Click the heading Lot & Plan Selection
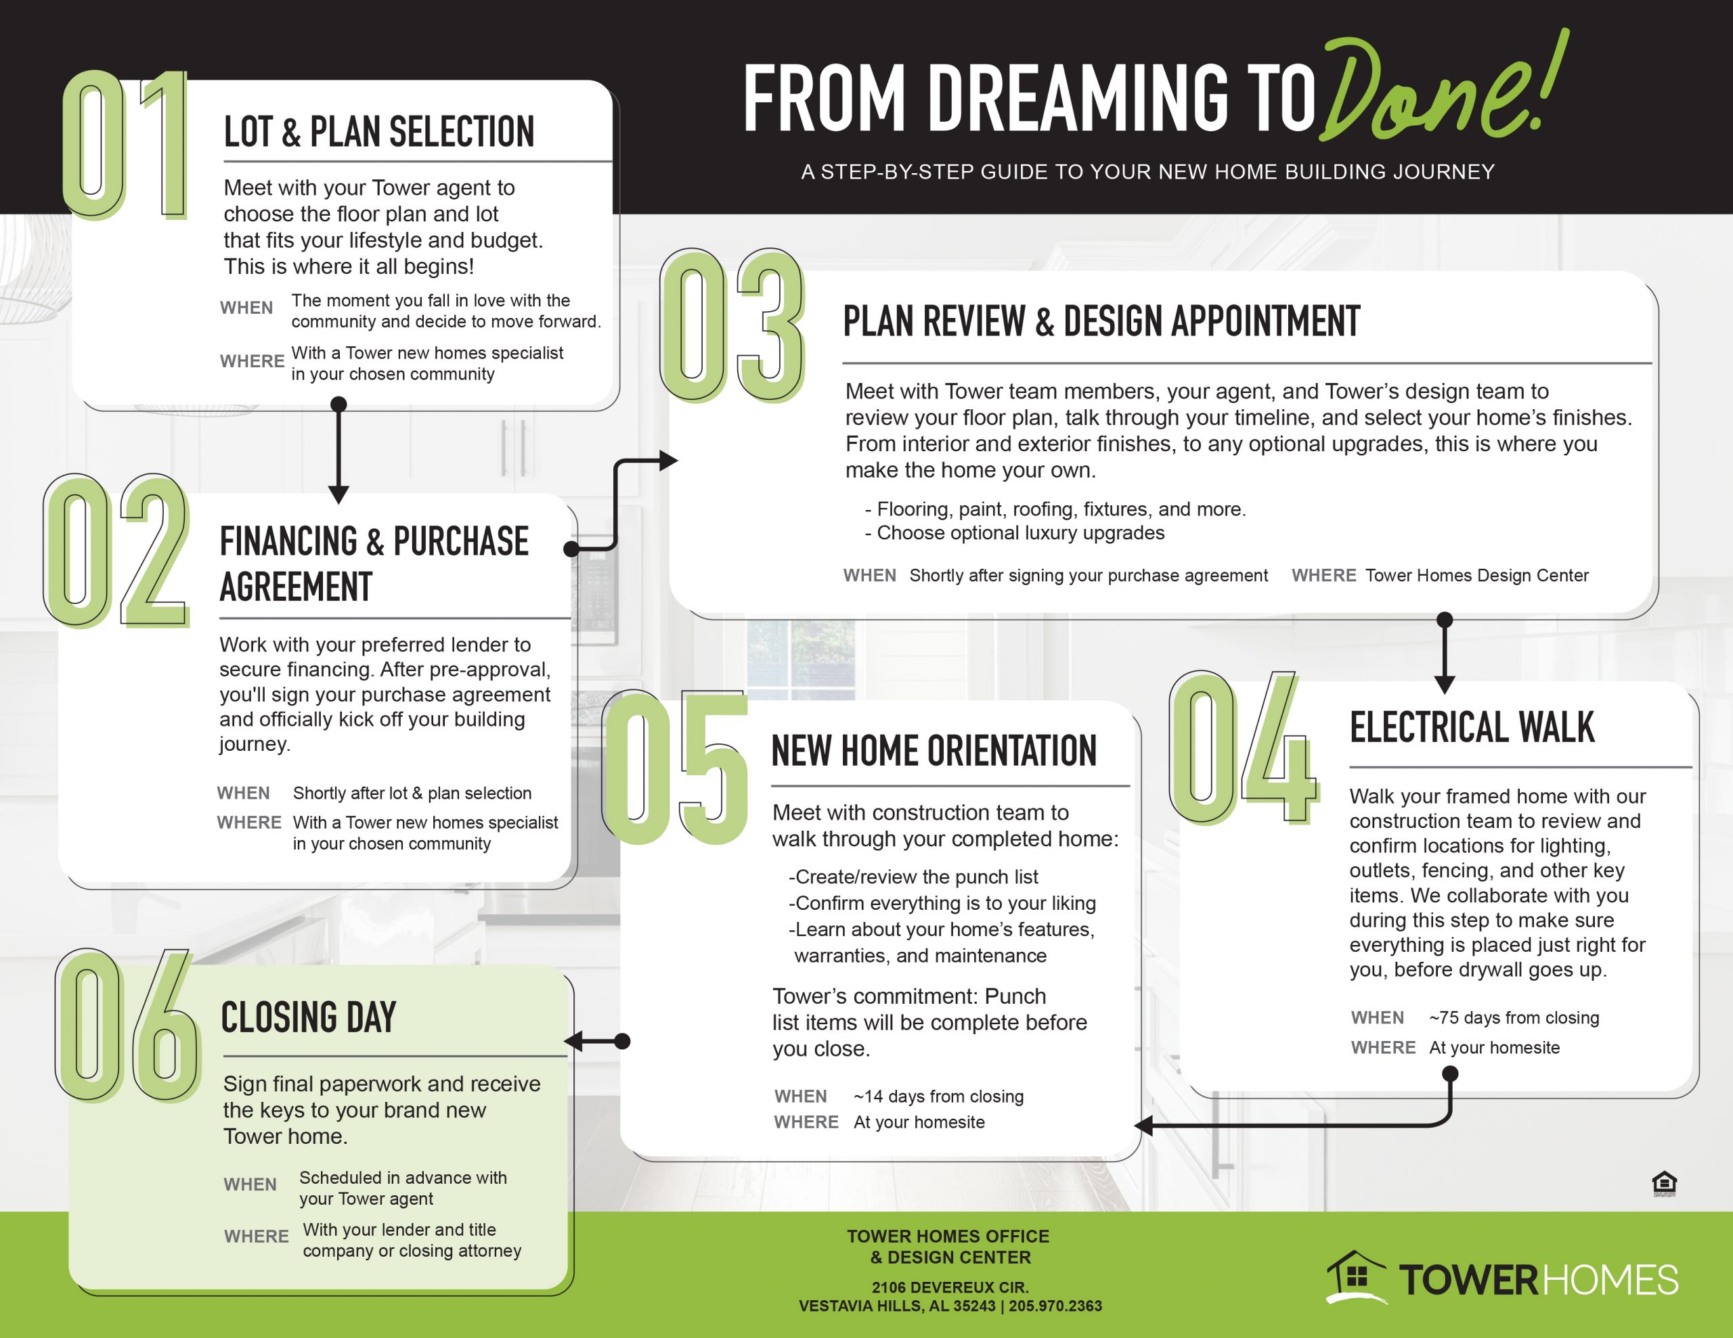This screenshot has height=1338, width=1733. [379, 132]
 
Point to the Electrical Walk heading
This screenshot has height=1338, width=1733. [1472, 727]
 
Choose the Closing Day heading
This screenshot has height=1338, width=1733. [308, 1017]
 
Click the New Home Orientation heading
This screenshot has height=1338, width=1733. [934, 751]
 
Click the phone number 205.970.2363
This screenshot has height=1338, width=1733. [1055, 1306]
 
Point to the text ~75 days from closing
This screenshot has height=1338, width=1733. [1514, 1017]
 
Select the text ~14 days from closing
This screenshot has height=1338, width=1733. [939, 1096]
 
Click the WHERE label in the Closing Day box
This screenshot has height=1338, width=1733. [257, 1237]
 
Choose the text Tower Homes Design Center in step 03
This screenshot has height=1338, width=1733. [1476, 575]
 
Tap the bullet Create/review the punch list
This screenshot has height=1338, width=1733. [913, 877]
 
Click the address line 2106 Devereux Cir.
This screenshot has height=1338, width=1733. [950, 1287]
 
